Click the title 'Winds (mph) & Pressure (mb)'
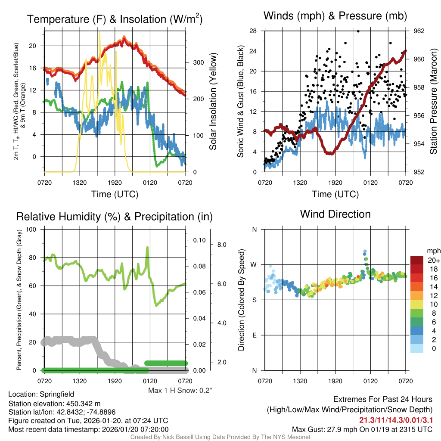coord(335,16)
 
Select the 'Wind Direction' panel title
coord(335,214)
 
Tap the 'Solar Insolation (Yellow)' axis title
coord(213,102)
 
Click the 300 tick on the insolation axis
coord(198,62)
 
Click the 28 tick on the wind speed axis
coord(253,31)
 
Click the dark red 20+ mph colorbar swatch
coord(417,261)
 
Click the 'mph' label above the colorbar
coord(432,251)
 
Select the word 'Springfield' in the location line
coord(56,394)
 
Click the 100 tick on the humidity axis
coord(31,229)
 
